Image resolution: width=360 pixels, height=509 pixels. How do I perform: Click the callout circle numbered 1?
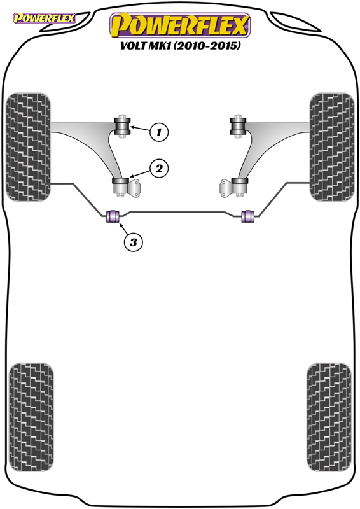pyautogui.click(x=159, y=132)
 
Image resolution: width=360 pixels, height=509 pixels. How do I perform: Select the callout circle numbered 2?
pyautogui.click(x=159, y=169)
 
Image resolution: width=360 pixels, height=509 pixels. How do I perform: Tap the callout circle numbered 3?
pyautogui.click(x=134, y=242)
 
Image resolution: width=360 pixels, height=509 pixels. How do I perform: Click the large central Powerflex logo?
pyautogui.click(x=180, y=25)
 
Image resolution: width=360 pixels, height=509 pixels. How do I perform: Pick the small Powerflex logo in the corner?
pyautogui.click(x=45, y=18)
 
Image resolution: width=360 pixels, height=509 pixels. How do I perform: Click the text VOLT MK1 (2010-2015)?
pyautogui.click(x=181, y=45)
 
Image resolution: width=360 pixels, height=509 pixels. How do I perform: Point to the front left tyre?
pyautogui.click(x=29, y=147)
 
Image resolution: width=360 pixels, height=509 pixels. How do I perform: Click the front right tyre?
pyautogui.click(x=332, y=147)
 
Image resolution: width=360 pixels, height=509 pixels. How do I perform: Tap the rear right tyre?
pyautogui.click(x=329, y=417)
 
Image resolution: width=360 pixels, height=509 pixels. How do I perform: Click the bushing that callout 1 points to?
pyautogui.click(x=123, y=127)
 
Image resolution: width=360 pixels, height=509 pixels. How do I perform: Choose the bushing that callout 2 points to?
pyautogui.click(x=120, y=186)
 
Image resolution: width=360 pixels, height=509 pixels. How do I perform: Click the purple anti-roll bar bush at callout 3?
pyautogui.click(x=113, y=216)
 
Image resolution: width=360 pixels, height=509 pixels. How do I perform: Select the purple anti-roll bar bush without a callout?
pyautogui.click(x=247, y=216)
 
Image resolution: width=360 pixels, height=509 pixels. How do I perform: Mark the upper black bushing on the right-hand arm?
pyautogui.click(x=238, y=127)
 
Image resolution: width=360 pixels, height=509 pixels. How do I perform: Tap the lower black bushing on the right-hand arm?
pyautogui.click(x=240, y=186)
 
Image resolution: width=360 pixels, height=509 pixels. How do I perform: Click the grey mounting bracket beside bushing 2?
pyautogui.click(x=135, y=188)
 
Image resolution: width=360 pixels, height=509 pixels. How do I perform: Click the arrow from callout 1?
pyautogui.click(x=140, y=129)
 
